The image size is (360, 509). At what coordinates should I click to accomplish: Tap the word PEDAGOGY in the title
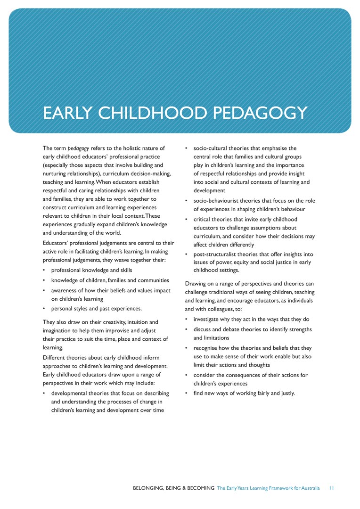click(x=260, y=114)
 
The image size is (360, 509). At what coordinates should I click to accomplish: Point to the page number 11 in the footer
click(x=332, y=488)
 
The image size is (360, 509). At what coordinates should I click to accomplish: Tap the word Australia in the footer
click(x=309, y=488)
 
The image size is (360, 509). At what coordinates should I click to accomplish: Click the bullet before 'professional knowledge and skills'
click(x=44, y=271)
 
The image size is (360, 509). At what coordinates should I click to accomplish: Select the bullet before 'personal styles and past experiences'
click(x=44, y=309)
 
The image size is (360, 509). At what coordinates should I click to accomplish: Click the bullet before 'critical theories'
click(x=187, y=220)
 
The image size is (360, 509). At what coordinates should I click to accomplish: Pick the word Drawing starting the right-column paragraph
click(x=195, y=284)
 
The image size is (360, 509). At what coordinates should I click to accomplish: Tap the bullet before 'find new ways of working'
click(x=187, y=393)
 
